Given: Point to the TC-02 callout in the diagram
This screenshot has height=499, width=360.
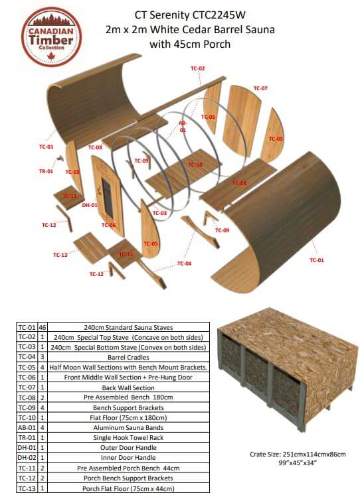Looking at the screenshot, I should tap(197, 68).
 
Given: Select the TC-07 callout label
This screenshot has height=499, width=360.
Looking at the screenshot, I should tap(260, 88).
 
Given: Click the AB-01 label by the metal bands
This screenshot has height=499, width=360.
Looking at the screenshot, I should tap(183, 127).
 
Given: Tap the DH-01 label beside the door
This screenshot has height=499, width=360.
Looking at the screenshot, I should tap(90, 206).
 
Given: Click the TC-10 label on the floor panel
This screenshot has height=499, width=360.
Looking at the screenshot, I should tap(195, 165).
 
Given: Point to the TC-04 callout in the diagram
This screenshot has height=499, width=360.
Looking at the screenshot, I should tap(184, 264).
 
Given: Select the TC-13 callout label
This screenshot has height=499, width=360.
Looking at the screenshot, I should tap(60, 255).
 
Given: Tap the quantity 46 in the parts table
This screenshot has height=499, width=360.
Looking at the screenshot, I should tap(41, 327).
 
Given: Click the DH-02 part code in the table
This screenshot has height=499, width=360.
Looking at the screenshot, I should tap(26, 459).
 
